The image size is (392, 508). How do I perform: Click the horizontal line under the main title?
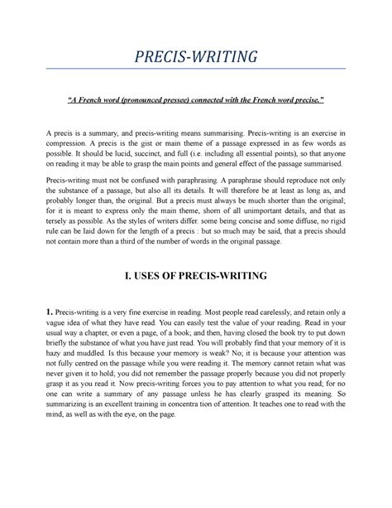(x=195, y=69)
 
